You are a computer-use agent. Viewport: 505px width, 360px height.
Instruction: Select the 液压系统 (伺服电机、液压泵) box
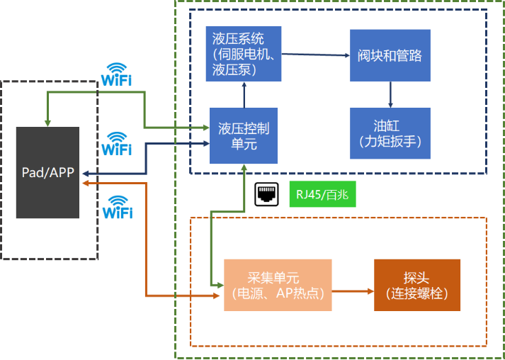pos(243,52)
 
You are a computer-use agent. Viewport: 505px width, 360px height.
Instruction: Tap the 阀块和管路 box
pos(390,55)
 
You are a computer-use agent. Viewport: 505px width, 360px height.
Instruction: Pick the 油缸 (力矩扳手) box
pos(390,133)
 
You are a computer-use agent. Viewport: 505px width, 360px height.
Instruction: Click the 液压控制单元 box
pos(243,135)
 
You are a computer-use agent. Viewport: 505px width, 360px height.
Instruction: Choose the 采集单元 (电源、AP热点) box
pos(278,286)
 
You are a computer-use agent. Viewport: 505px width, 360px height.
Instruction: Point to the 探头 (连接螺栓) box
pos(416,285)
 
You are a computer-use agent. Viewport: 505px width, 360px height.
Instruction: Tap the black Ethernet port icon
pos(267,194)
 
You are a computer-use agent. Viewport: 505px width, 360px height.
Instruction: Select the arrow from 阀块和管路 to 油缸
pos(390,94)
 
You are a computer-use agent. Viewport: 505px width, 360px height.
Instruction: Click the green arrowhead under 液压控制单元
pos(243,167)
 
